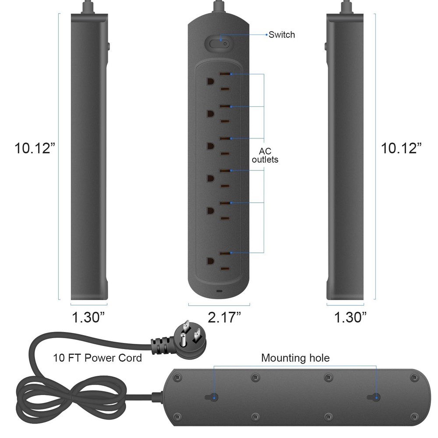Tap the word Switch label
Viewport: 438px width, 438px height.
point(282,35)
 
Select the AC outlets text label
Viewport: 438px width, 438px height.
point(265,155)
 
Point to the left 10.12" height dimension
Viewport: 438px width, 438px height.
point(35,148)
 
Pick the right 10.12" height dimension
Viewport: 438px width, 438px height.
point(401,148)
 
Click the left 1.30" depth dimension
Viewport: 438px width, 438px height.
point(88,317)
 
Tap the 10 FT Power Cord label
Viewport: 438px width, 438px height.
point(98,358)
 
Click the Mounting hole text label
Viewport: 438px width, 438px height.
point(295,358)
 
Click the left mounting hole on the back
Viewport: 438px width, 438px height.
point(213,398)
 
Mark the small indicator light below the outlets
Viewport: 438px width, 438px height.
point(219,291)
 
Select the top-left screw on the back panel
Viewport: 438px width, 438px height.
point(177,377)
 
